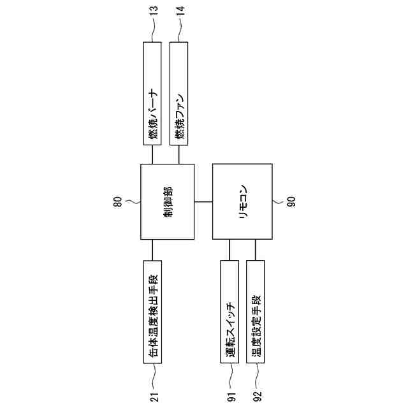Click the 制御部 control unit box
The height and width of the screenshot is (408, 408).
pyautogui.click(x=167, y=201)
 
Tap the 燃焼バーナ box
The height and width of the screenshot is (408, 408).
pyautogui.click(x=152, y=93)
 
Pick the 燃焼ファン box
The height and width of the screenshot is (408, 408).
pyautogui.click(x=178, y=93)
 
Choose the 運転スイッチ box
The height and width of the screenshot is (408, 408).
pyautogui.click(x=229, y=312)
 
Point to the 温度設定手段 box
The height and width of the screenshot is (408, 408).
pyautogui.click(x=256, y=312)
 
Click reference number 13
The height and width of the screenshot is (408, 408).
pyautogui.click(x=153, y=12)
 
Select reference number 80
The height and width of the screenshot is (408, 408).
pyautogui.click(x=117, y=201)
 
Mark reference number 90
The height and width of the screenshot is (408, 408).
pyautogui.click(x=290, y=201)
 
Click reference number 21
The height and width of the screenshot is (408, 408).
pyautogui.click(x=153, y=397)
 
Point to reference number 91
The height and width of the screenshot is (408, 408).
pyautogui.click(x=230, y=397)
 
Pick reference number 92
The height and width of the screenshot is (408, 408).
pyautogui.click(x=256, y=397)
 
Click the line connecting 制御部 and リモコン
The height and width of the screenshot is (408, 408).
pyautogui.click(x=203, y=201)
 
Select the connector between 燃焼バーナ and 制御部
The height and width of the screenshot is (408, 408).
pyautogui.click(x=152, y=154)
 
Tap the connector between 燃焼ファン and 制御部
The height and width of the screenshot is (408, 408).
pyautogui.click(x=178, y=154)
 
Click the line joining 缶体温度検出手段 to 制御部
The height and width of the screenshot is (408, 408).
pyautogui.click(x=152, y=250)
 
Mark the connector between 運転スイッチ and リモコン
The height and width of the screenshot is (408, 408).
pyautogui.click(x=229, y=250)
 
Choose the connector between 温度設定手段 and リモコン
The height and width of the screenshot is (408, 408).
pyautogui.click(x=256, y=250)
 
